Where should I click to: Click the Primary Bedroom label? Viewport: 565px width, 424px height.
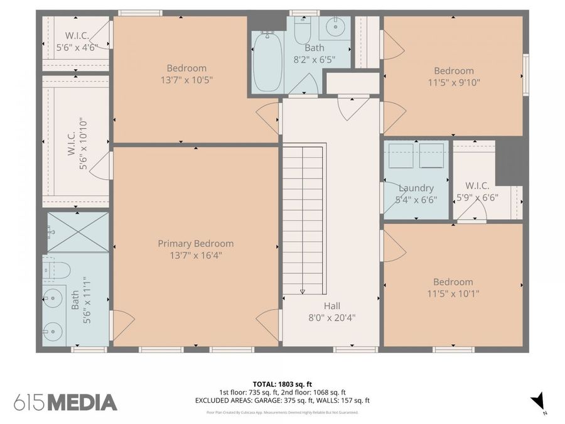click(x=195, y=244)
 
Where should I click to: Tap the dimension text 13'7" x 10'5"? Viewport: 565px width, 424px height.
click(x=195, y=80)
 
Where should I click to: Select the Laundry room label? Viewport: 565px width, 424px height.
click(x=416, y=188)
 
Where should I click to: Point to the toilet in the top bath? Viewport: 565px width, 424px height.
click(x=303, y=31)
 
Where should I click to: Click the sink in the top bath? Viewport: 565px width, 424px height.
click(x=335, y=27)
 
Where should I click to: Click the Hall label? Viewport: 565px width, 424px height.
click(x=332, y=306)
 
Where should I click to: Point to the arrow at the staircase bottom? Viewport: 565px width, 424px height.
click(x=303, y=291)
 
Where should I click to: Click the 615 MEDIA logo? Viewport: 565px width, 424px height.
click(x=65, y=402)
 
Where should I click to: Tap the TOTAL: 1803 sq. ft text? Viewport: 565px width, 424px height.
click(x=282, y=383)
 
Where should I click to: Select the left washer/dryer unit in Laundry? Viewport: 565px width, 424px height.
click(x=401, y=155)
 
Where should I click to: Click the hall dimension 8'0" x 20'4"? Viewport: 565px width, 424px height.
click(x=332, y=317)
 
